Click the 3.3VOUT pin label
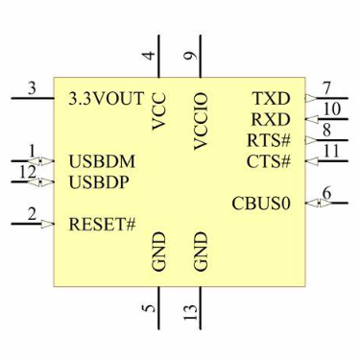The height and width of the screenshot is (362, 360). click(107, 99)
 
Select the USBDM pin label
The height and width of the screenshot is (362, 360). click(101, 161)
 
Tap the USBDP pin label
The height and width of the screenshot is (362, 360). click(100, 181)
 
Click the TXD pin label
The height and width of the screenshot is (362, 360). click(271, 99)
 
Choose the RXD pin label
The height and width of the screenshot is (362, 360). click(271, 120)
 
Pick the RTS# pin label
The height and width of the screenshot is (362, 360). click(269, 140)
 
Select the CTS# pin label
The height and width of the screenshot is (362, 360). click(269, 160)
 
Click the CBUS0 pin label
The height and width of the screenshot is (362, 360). click(261, 204)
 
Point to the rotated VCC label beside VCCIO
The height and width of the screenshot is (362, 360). click(159, 111)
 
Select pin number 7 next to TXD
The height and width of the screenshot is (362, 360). click(327, 88)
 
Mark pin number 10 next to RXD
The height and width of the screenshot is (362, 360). click(331, 109)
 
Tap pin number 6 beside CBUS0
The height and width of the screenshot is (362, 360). click(327, 194)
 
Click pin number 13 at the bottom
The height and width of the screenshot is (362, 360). click(193, 312)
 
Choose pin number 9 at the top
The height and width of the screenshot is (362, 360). click(192, 56)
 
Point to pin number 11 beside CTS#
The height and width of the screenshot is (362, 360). click(331, 151)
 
